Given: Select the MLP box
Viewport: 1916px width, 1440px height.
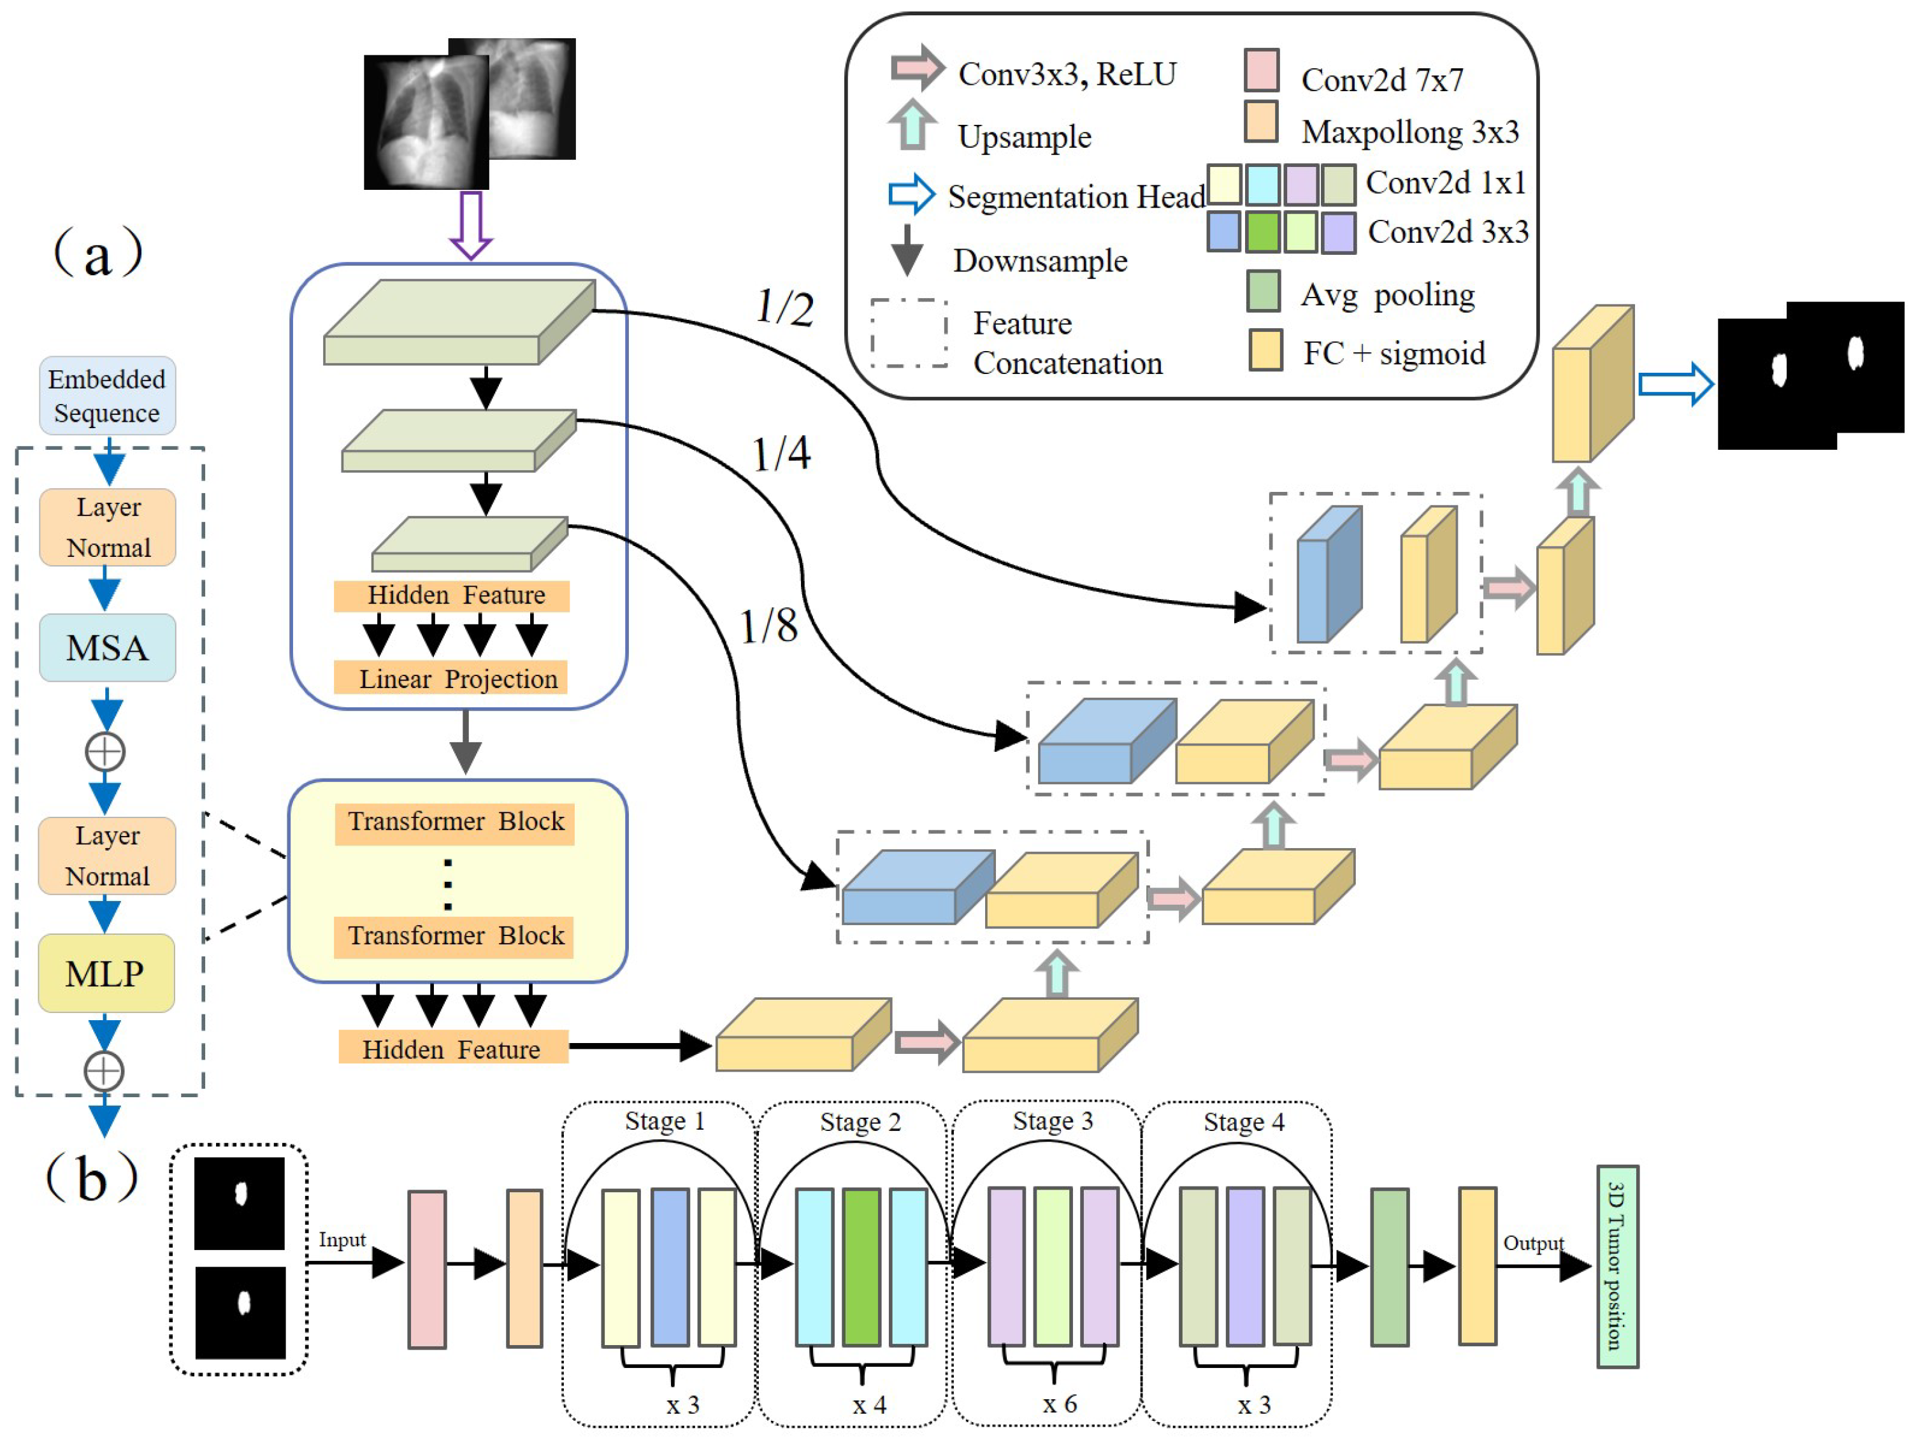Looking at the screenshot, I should tap(106, 973).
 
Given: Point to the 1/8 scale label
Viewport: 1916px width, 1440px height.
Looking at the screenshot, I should tap(768, 626).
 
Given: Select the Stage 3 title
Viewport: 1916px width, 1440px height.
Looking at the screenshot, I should tap(1053, 1121).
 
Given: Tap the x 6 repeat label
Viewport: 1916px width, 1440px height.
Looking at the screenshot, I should tap(1060, 1404).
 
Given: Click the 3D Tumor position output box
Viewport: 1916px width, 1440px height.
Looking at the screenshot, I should tap(1617, 1266).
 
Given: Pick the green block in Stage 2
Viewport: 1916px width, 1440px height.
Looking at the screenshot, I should tap(860, 1266).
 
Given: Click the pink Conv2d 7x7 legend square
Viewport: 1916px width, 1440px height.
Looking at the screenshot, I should tap(1261, 70).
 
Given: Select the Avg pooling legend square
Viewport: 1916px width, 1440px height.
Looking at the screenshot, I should tap(1263, 291).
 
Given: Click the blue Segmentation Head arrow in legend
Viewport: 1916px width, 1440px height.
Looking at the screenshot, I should tap(911, 194).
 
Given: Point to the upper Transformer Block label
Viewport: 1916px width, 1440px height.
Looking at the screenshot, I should tap(455, 821).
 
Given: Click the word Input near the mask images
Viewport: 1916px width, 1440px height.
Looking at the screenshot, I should tap(342, 1240).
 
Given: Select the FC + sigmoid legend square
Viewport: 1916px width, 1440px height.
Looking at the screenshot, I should tap(1265, 350).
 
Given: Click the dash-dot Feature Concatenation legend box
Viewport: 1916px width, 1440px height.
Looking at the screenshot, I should tap(909, 334).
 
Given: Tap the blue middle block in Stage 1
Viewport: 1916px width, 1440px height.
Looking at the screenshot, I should tap(670, 1266).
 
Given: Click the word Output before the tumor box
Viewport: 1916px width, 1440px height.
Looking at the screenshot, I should tap(1532, 1243).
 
